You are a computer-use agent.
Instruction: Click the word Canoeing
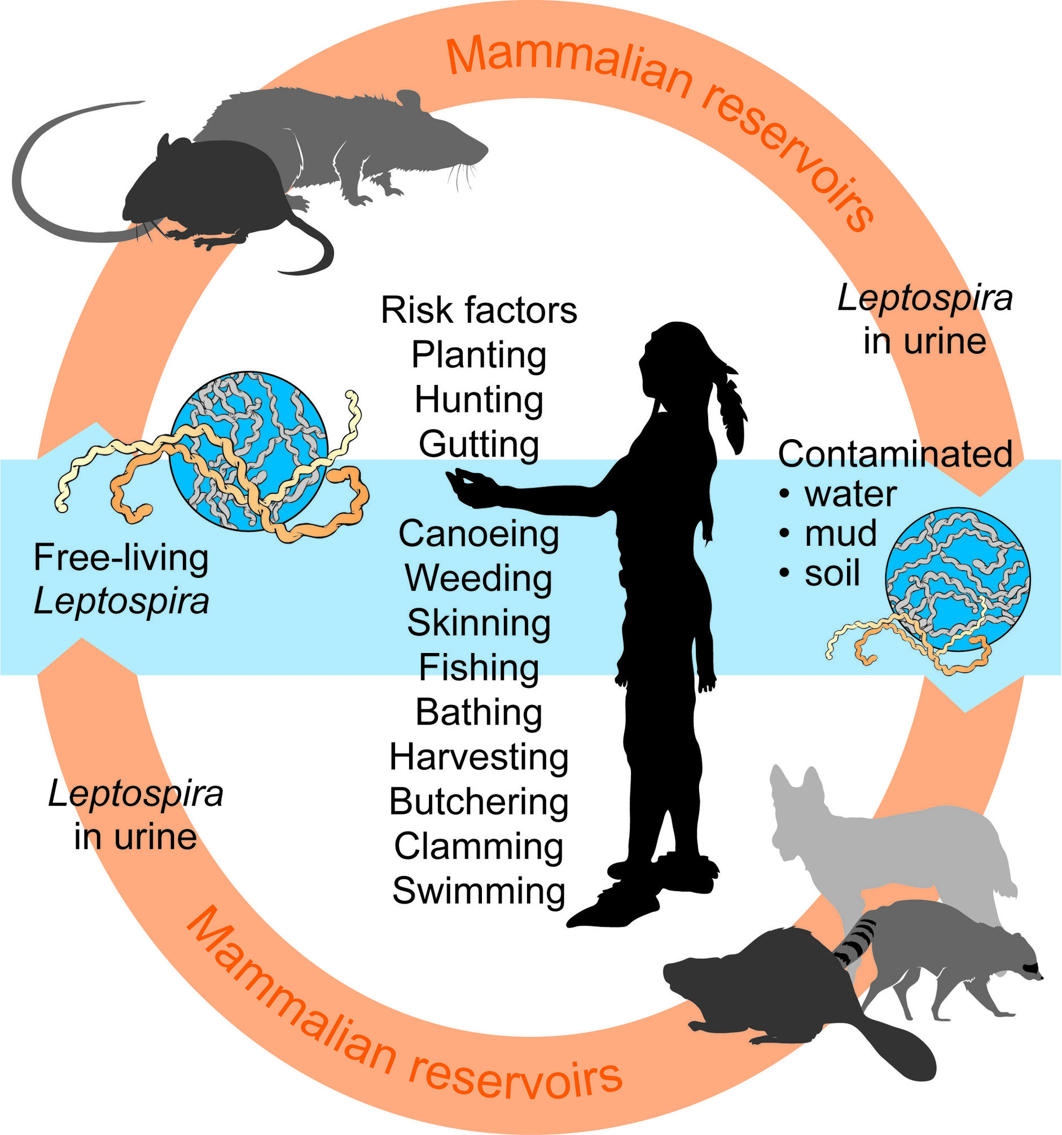(x=479, y=534)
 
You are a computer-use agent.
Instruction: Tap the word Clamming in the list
(x=479, y=847)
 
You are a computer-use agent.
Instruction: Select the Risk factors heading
(x=479, y=310)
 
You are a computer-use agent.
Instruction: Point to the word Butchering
(x=479, y=802)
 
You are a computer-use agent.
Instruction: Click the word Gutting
(x=479, y=444)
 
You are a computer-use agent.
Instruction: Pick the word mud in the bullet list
(x=840, y=534)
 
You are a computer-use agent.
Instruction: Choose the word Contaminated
(x=895, y=454)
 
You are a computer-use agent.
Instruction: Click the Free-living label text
(x=121, y=558)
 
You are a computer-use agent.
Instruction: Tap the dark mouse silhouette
(x=205, y=189)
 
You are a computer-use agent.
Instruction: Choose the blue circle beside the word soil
(x=958, y=580)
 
